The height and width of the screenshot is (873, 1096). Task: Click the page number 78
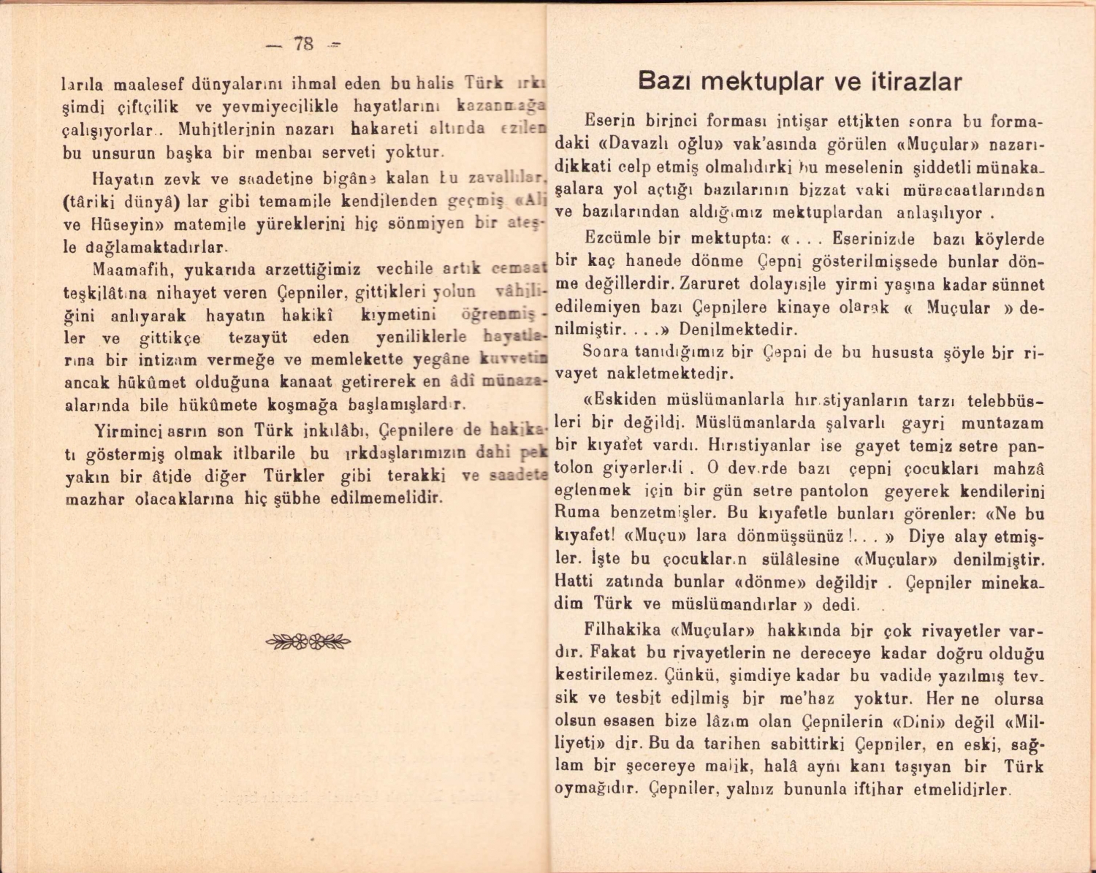(303, 44)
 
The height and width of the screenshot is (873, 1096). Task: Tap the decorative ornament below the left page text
(308, 642)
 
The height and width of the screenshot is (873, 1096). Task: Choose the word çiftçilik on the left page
(148, 107)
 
